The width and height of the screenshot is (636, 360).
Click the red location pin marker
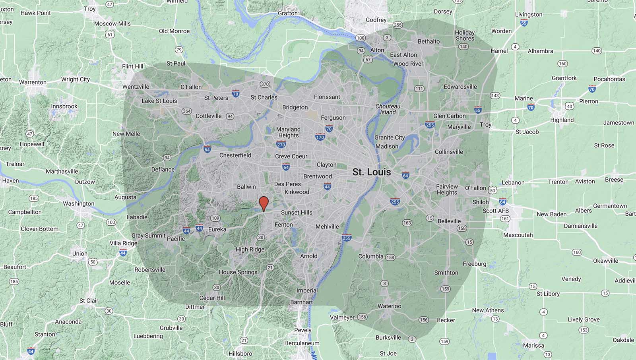click(263, 203)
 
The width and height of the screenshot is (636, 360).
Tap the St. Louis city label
click(371, 172)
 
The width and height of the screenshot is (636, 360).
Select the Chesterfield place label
click(235, 155)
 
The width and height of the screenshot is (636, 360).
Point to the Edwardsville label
click(460, 87)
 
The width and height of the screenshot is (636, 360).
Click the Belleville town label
click(449, 221)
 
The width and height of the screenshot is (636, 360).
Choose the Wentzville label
click(136, 87)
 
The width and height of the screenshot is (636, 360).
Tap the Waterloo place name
click(389, 306)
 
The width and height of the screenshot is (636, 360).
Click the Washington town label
click(78, 203)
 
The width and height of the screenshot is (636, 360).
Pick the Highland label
click(562, 120)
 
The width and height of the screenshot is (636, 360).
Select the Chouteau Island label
click(388, 109)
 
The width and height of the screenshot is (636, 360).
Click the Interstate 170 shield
click(320, 137)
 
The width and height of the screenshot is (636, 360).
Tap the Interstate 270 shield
click(281, 145)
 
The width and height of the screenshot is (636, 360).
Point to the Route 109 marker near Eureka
click(215, 218)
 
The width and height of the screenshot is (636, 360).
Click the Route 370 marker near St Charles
click(265, 84)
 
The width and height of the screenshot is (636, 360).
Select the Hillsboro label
click(240, 354)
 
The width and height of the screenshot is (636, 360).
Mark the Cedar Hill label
click(212, 298)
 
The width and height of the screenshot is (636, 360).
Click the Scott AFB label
click(495, 211)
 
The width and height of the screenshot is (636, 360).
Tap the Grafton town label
click(287, 13)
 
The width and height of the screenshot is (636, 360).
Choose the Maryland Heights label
click(288, 132)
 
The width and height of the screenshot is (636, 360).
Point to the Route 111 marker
click(419, 89)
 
